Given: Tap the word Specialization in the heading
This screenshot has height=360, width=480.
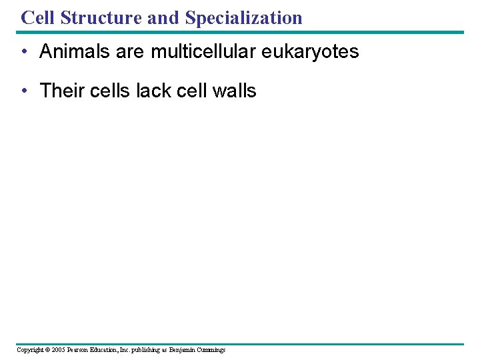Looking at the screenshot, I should pos(244,17).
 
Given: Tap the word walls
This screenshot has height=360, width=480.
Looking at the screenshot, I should pos(233,91).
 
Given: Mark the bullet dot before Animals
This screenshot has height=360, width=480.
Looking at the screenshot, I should pos(23,52).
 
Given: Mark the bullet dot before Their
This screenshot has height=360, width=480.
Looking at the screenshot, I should pos(23,91).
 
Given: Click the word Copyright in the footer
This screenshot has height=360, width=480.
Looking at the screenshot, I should pos(29,350).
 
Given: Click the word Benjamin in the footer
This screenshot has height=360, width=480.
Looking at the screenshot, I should pos(183,350).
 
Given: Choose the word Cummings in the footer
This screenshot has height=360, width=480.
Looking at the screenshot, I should pos(213,350).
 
